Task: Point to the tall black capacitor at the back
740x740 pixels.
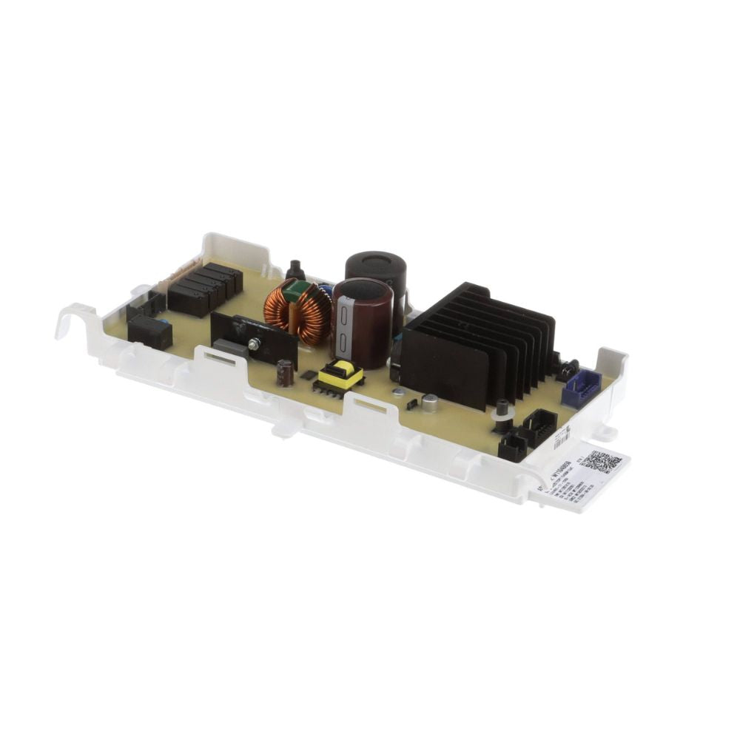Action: (376, 270)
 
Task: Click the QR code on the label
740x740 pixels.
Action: (601, 462)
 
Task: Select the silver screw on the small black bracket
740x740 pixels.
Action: (253, 344)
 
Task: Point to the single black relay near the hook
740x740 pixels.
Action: (150, 332)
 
